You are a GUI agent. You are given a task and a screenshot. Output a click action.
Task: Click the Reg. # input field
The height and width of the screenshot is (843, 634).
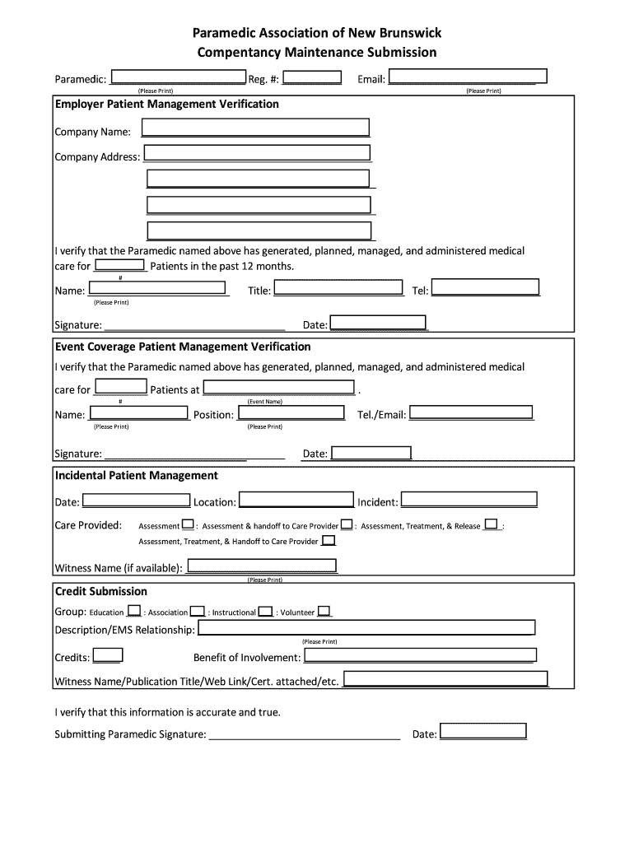click(x=318, y=77)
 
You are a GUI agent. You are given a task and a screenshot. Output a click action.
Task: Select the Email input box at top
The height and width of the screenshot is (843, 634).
click(x=462, y=77)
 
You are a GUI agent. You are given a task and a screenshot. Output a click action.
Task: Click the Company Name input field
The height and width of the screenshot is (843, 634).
click(x=255, y=128)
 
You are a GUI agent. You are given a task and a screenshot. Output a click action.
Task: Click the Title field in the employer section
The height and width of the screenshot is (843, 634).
click(x=340, y=288)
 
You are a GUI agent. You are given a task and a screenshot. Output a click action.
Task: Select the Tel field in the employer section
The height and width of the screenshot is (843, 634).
click(x=486, y=287)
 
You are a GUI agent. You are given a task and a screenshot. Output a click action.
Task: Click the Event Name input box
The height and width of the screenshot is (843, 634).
click(x=278, y=387)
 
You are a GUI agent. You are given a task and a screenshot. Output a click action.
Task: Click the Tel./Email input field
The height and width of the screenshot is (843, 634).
click(x=471, y=412)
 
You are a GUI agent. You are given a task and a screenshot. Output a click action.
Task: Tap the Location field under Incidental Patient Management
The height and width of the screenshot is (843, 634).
click(x=296, y=500)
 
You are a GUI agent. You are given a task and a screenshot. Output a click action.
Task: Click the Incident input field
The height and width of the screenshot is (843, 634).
click(x=469, y=500)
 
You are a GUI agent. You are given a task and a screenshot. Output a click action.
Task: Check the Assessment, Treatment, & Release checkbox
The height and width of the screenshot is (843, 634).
click(x=492, y=524)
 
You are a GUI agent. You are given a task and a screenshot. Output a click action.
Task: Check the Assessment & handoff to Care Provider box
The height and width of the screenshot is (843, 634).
click(x=347, y=524)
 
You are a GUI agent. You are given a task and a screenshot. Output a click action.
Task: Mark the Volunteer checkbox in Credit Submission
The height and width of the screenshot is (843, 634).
click(x=324, y=611)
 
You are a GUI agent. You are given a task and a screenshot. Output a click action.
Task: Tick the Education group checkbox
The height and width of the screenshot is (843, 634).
click(x=133, y=611)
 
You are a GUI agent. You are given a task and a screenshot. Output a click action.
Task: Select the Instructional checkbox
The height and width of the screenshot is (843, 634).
click(x=265, y=611)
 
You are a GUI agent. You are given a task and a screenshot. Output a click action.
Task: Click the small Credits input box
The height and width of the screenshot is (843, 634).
click(x=108, y=655)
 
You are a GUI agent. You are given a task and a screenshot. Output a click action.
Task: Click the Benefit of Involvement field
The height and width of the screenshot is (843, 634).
click(x=420, y=655)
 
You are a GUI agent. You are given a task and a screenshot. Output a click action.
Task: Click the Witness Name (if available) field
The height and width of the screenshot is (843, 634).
click(x=263, y=566)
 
